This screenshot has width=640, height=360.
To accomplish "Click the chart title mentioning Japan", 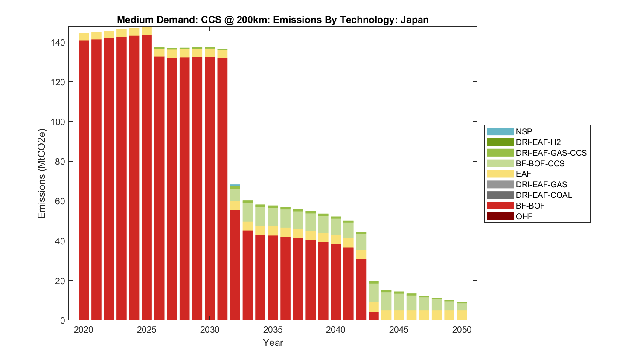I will point(273,20).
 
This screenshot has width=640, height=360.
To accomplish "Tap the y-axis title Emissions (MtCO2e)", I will point(41,173).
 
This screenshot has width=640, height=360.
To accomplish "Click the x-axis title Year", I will point(273,343).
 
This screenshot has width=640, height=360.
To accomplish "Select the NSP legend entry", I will point(524,131).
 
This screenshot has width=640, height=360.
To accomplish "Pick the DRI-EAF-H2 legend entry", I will point(538,142).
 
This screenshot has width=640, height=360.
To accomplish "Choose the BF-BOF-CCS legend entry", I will point(540,163).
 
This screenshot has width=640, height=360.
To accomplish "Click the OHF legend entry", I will point(524,216).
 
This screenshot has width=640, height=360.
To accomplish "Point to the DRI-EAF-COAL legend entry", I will point(544,195).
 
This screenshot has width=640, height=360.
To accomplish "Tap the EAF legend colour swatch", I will point(500,174).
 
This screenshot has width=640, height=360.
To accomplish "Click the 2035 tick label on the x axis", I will point(273,330).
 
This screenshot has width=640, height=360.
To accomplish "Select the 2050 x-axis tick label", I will point(462,330).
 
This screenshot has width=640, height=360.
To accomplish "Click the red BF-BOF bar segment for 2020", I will point(84,179).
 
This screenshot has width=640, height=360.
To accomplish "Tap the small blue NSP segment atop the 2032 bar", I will point(235,186).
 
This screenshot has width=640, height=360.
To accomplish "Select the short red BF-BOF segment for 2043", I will point(374,316).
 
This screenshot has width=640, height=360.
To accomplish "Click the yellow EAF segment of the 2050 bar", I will point(462,315).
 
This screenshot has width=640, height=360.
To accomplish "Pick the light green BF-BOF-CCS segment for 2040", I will point(336,227).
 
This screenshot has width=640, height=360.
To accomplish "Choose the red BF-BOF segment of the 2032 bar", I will point(235,264).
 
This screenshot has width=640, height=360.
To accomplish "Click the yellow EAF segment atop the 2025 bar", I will point(147,31).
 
